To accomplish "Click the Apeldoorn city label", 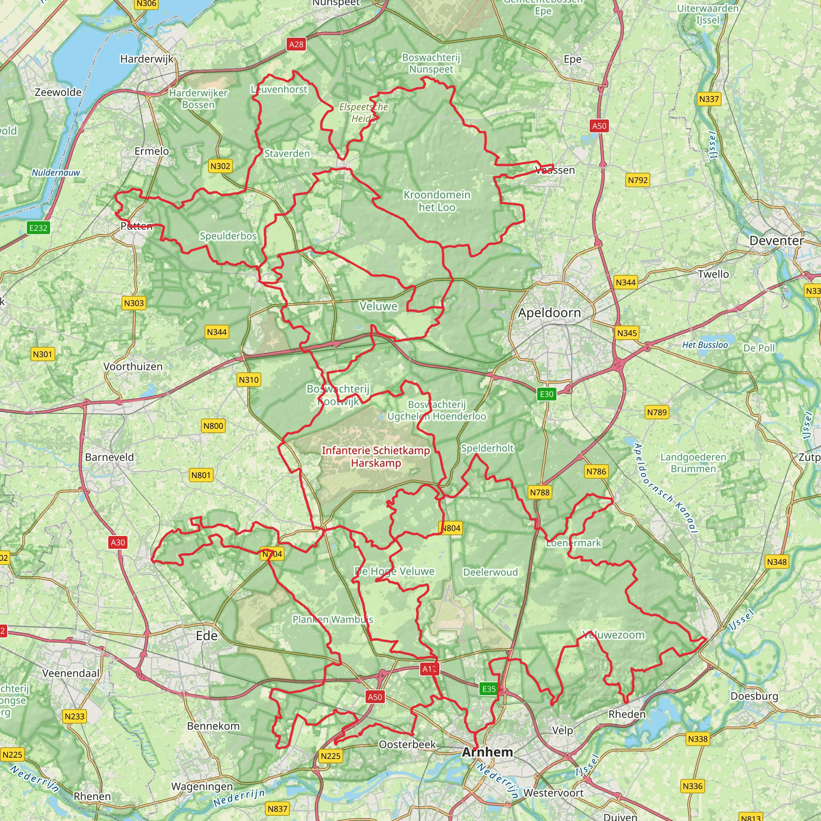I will pyautogui.click(x=549, y=313).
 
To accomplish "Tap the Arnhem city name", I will pyautogui.click(x=487, y=752).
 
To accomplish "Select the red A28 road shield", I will pyautogui.click(x=296, y=44).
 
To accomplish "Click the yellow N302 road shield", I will pyautogui.click(x=220, y=166).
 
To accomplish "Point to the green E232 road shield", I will pyautogui.click(x=38, y=228).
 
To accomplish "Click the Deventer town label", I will pyautogui.click(x=777, y=241).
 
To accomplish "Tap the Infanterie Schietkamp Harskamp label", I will pyautogui.click(x=376, y=456).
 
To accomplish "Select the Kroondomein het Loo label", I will pyautogui.click(x=437, y=201).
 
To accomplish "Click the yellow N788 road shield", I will pyautogui.click(x=540, y=493).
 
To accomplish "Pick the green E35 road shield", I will pyautogui.click(x=489, y=689).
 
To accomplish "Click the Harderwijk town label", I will pyautogui.click(x=147, y=59).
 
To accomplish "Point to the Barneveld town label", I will pyautogui.click(x=109, y=457).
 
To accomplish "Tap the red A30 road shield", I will pyautogui.click(x=118, y=542).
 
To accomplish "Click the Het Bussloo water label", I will pyautogui.click(x=705, y=345).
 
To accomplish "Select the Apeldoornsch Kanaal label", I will pyautogui.click(x=665, y=488).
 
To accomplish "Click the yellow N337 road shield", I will pyautogui.click(x=709, y=99).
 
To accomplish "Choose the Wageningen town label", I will pyautogui.click(x=202, y=786).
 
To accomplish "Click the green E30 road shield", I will pyautogui.click(x=546, y=394).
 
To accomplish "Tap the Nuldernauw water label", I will pyautogui.click(x=56, y=172).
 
